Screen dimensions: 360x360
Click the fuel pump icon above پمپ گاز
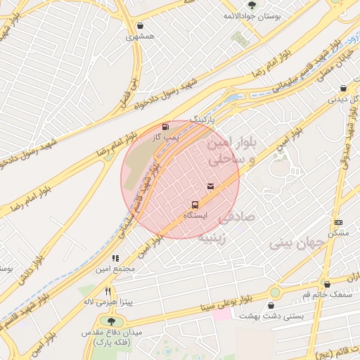click(165, 127)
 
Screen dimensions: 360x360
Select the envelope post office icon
click(211, 186)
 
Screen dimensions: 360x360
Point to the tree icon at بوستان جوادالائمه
click(252, 6)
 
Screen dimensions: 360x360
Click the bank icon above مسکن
click(338, 222)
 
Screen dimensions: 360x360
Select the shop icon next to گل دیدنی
click(342, 89)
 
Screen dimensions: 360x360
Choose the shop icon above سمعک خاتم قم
click(327, 284)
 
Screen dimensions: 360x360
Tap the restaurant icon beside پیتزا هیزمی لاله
click(108, 291)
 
